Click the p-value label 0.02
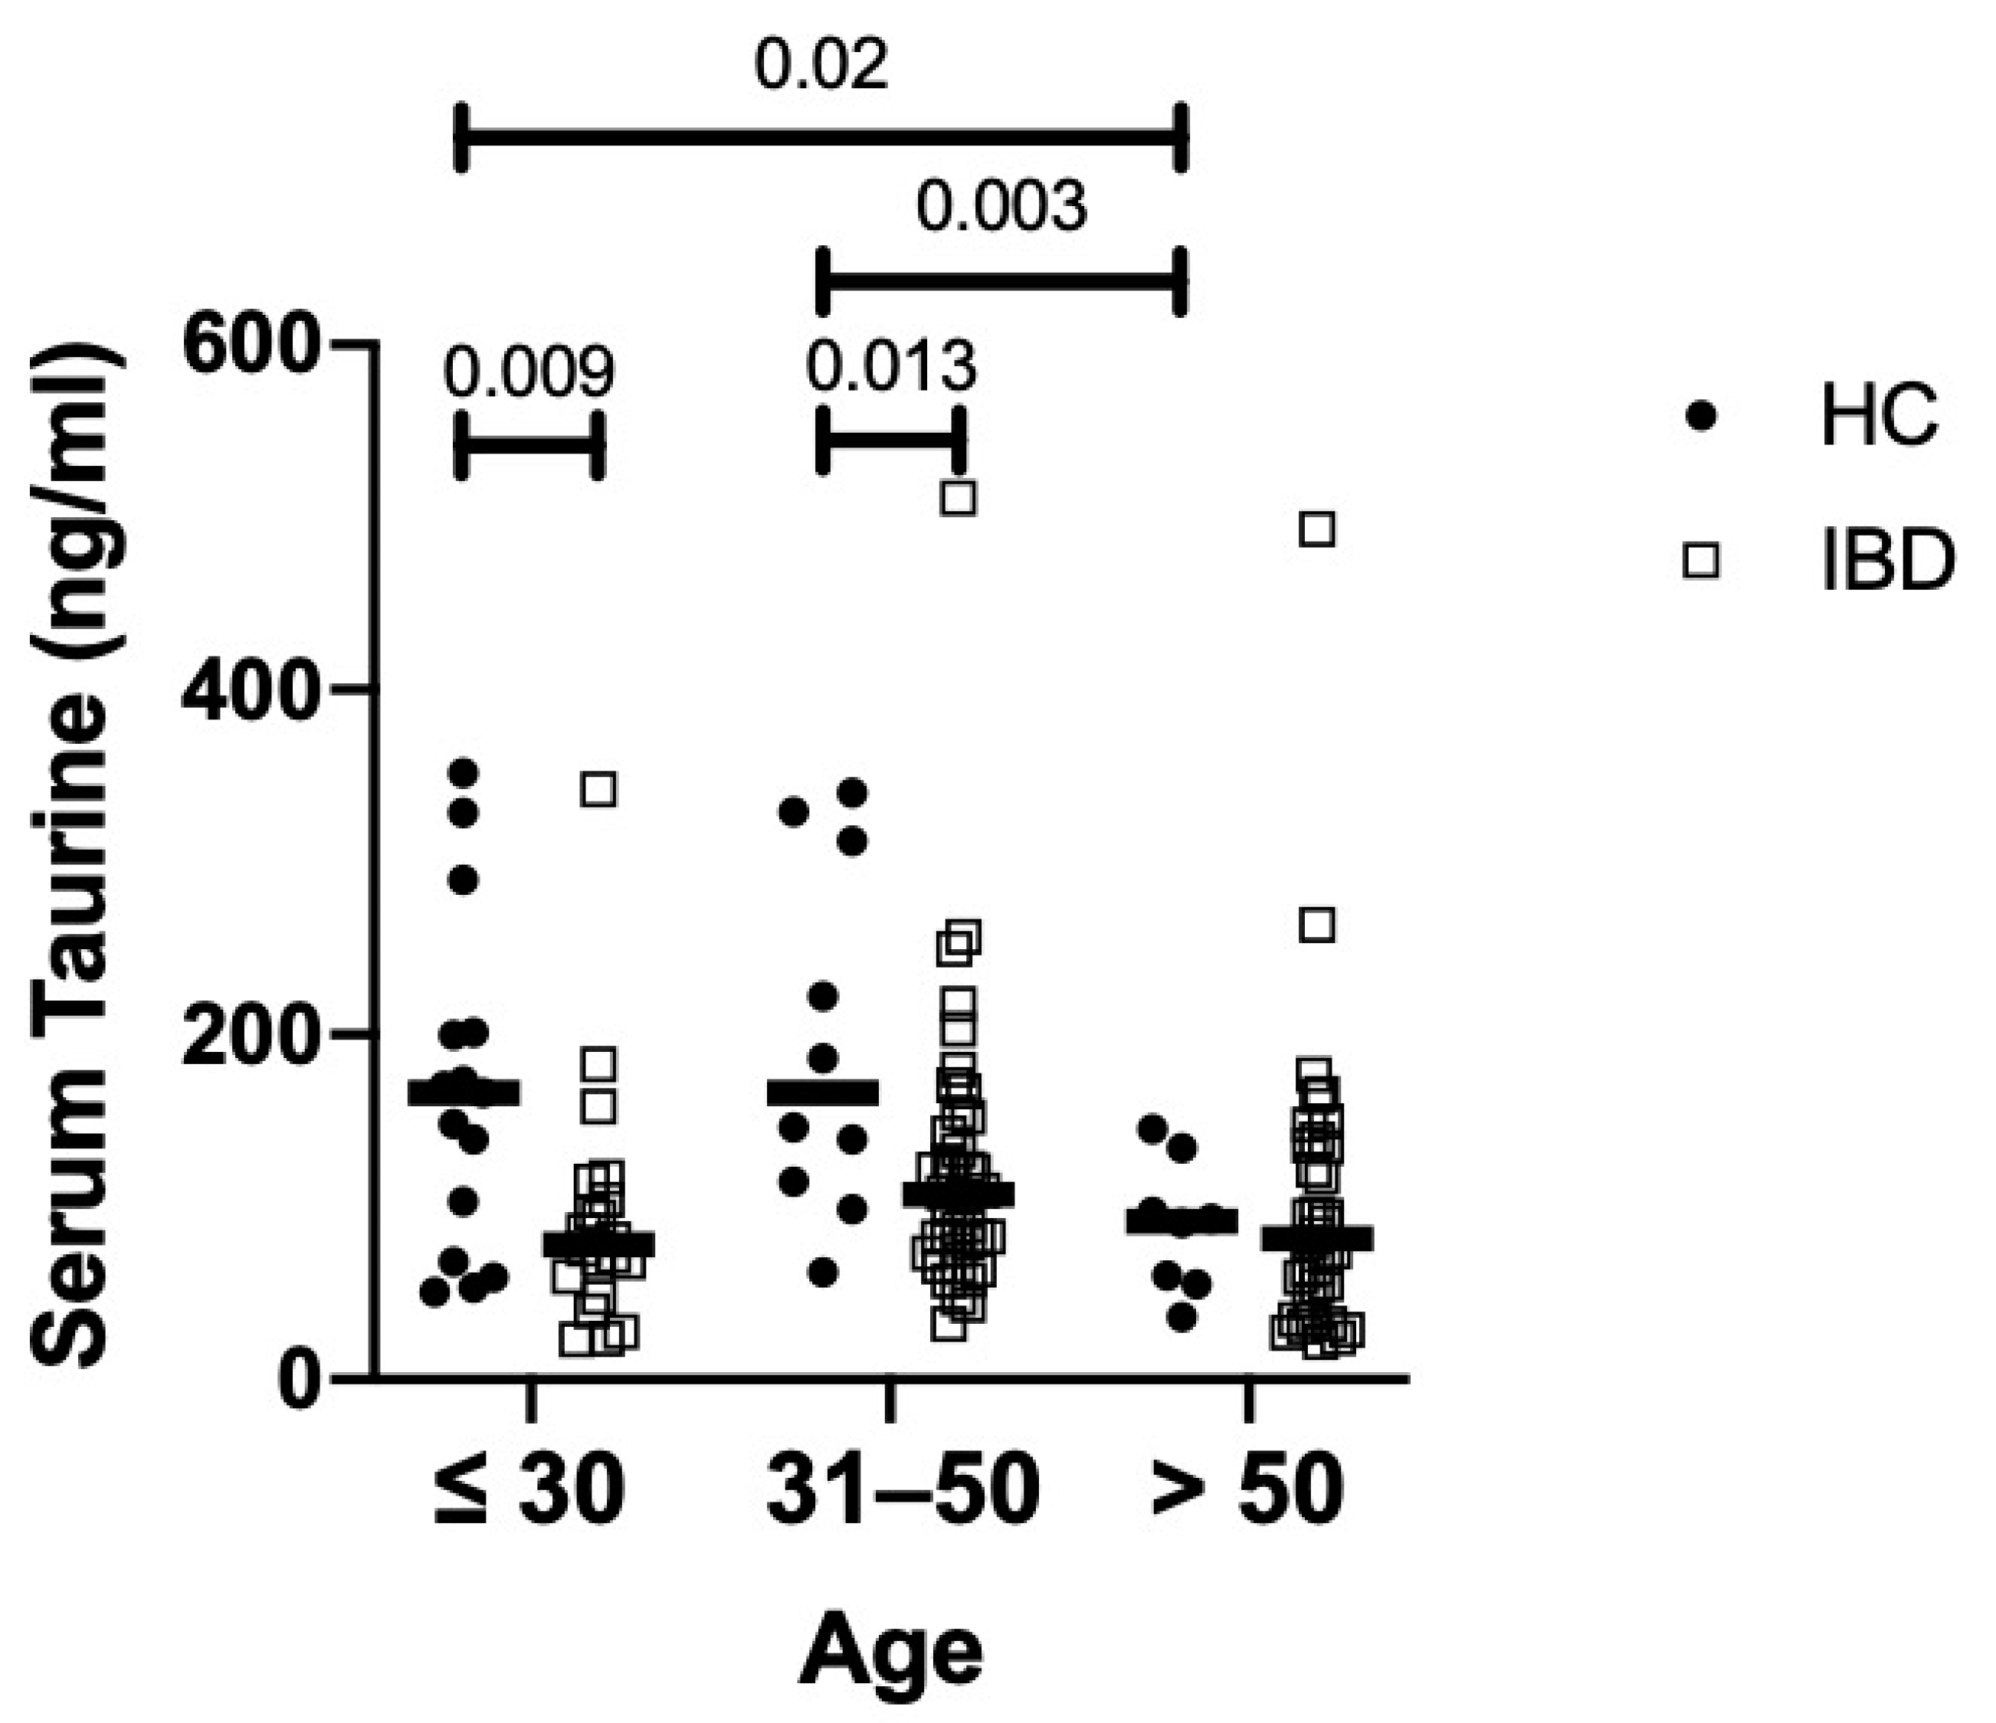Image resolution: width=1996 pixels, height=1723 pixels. pyautogui.click(x=821, y=67)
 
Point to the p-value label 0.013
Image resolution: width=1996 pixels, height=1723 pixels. pyautogui.click(x=891, y=367)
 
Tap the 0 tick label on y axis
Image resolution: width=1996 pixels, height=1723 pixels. pyautogui.click(x=297, y=1377)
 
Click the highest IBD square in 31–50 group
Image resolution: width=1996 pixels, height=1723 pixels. pyautogui.click(x=959, y=498)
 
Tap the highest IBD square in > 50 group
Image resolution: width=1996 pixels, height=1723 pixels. pyautogui.click(x=1317, y=529)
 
